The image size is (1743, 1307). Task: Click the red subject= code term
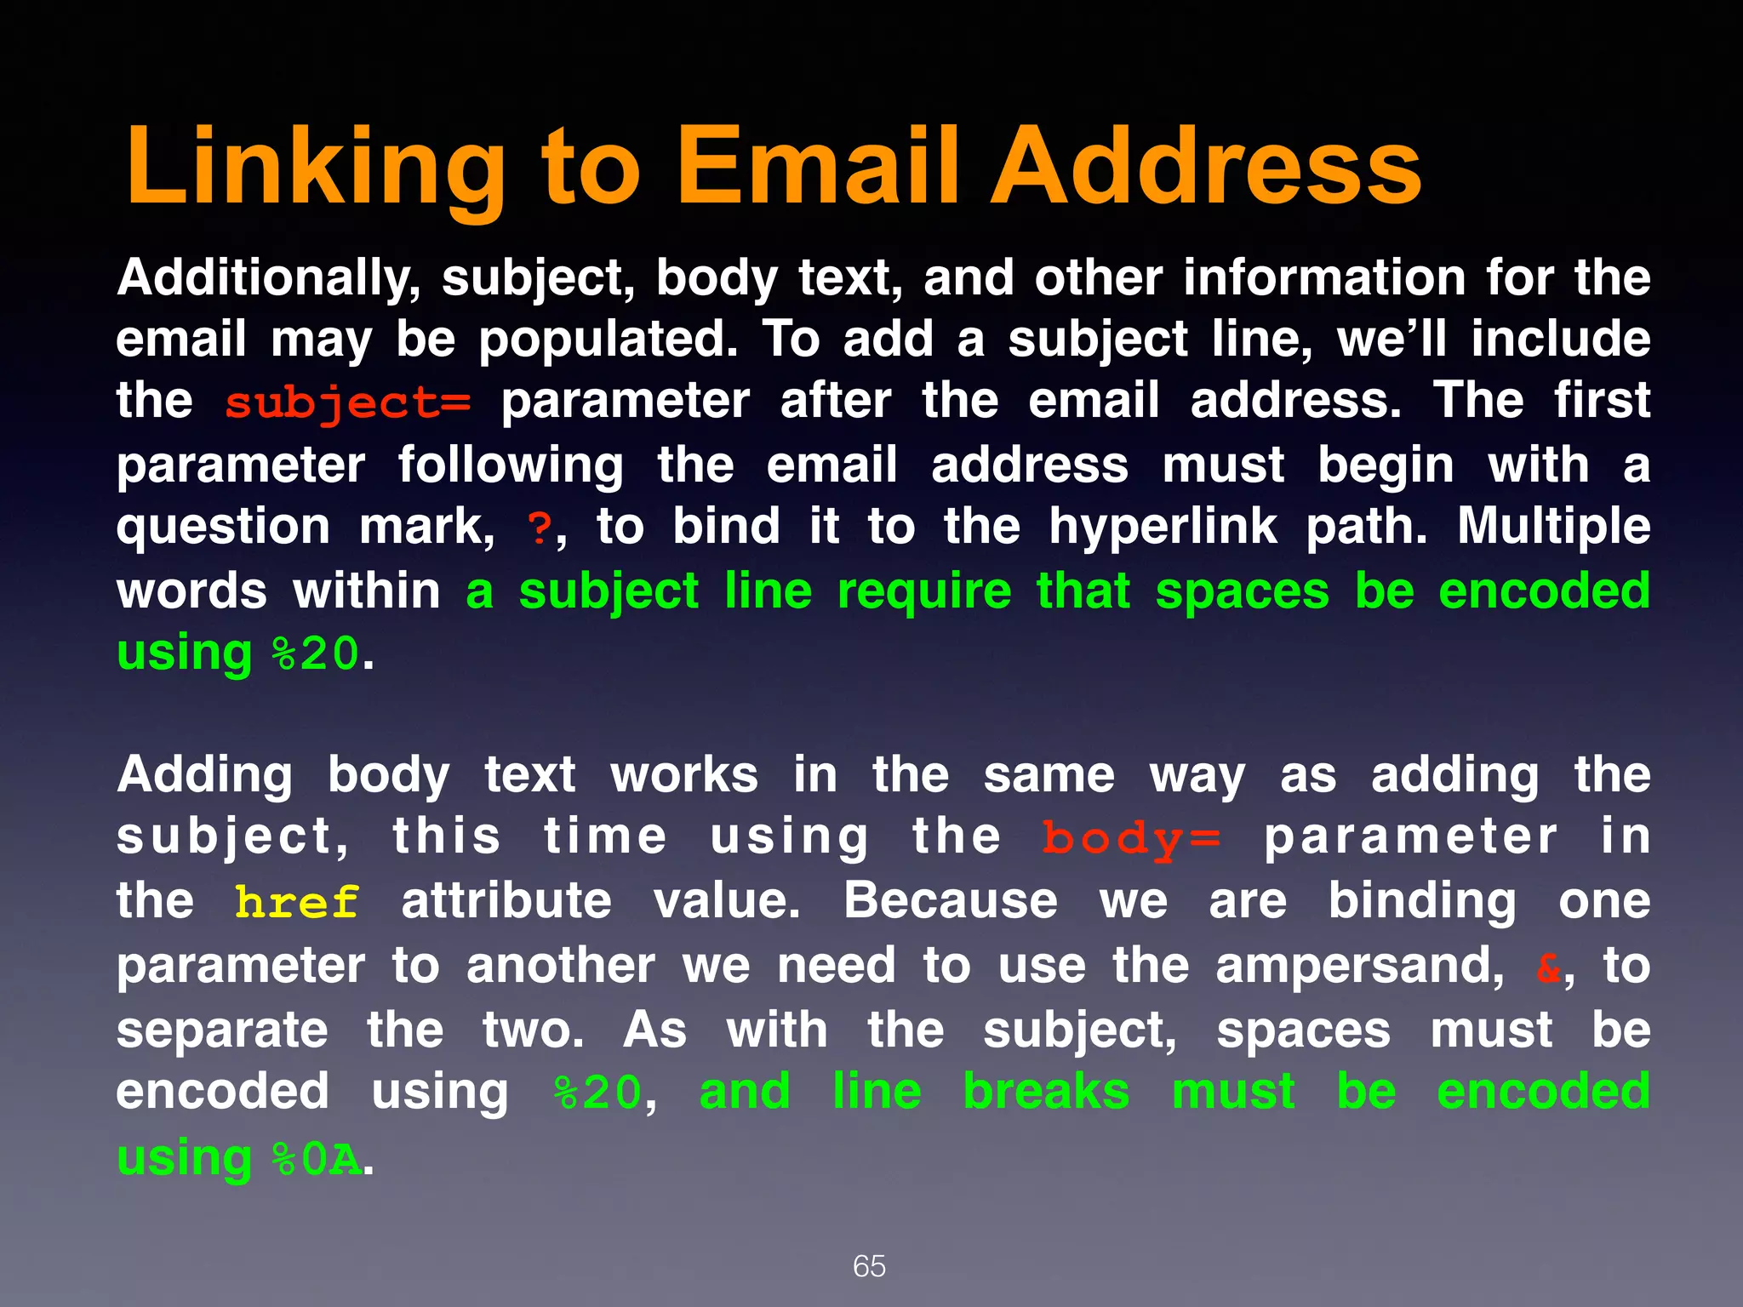pos(347,402)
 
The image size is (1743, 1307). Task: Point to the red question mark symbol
pos(540,529)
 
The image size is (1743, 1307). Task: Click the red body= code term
pos(1131,839)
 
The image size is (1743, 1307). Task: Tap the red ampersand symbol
pos(1548,967)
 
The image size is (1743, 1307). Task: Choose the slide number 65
pos(869,1266)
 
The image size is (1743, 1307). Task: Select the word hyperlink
pos(1162,528)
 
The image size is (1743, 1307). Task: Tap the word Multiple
pos(1553,528)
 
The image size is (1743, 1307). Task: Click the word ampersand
pos(1359,967)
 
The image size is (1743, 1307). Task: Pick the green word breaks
pos(1046,1092)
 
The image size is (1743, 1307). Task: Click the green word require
pos(924,592)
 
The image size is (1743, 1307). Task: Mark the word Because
pos(950,901)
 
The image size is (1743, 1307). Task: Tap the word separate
pos(222,1031)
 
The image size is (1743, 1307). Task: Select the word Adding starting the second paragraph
pos(204,776)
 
